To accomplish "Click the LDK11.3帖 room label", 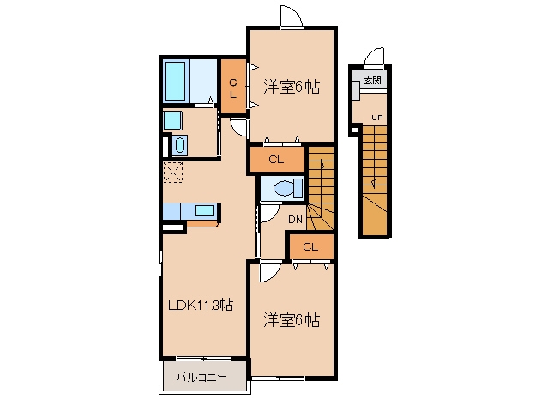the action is tap(201, 306).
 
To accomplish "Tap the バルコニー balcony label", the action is tap(201, 378).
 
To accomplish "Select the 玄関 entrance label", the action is tap(372, 81).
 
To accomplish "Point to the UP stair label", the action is tap(376, 118).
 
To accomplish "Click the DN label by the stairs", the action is tap(295, 220).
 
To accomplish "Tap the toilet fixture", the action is tap(288, 189).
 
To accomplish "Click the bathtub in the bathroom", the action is tap(175, 82).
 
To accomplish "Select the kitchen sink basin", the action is tap(205, 211).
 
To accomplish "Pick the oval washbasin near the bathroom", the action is tap(180, 145).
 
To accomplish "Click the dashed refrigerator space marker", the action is tap(173, 173).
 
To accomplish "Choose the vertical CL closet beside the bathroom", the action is tap(233, 87).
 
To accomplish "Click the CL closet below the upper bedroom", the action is tap(276, 160).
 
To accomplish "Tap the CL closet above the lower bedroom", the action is tap(310, 247).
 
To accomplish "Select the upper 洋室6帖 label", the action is tap(291, 87).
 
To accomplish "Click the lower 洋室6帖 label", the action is tap(291, 320).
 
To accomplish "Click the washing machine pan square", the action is tap(172, 121).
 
